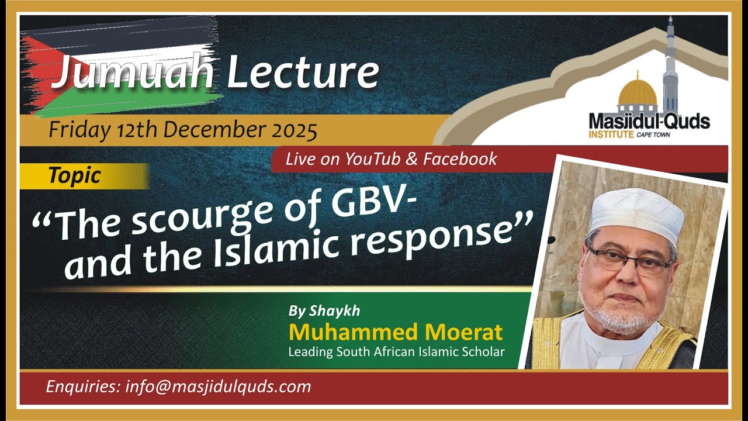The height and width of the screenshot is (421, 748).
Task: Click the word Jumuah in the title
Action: point(131,74)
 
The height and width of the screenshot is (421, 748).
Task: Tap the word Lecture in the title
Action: point(303,73)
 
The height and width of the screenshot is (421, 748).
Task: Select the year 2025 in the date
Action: point(296,129)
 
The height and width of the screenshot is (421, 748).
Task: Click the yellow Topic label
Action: point(75,175)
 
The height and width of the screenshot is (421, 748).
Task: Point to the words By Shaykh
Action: point(324,311)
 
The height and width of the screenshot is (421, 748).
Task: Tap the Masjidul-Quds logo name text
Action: point(649,122)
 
